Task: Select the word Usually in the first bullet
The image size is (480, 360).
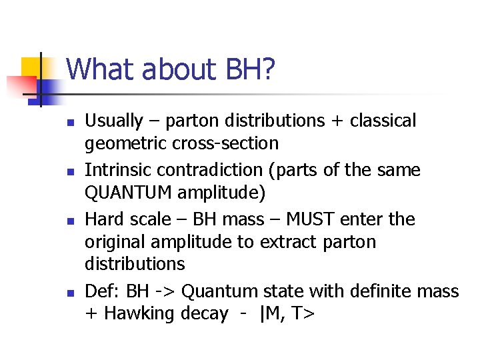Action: click(x=114, y=121)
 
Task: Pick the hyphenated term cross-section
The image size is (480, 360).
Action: click(x=225, y=143)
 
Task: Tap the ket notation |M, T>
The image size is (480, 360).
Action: click(x=285, y=314)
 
